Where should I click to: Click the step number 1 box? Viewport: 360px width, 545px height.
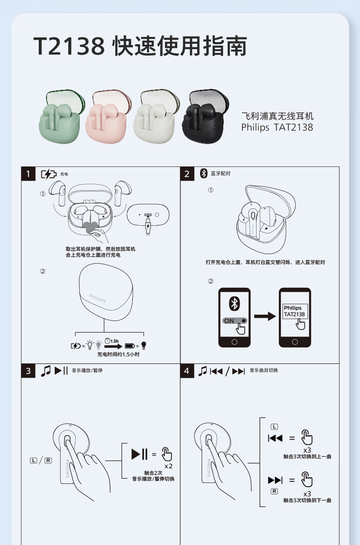tap(28, 174)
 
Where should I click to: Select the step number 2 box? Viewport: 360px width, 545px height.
tap(187, 174)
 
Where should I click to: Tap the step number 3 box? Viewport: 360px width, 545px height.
tap(28, 371)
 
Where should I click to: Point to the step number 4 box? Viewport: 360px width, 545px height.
tap(187, 371)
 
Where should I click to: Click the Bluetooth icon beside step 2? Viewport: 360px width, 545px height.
tap(204, 173)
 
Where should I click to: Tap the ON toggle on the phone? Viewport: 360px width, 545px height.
tap(235, 321)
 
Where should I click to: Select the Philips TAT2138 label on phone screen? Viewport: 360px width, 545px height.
tap(294, 311)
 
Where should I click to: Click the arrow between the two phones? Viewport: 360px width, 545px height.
tap(265, 317)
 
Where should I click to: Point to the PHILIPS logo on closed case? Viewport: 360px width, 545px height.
tap(97, 298)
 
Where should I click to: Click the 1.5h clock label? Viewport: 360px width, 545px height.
tap(112, 341)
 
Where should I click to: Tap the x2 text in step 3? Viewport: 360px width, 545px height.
tap(168, 466)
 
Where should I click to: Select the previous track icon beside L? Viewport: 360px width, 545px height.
tap(275, 438)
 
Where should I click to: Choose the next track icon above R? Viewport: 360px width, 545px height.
tap(275, 480)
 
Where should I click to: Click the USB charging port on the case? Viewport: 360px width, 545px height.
tap(148, 215)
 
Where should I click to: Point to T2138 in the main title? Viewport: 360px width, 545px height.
tap(69, 46)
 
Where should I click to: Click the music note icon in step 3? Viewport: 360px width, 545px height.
tap(46, 371)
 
